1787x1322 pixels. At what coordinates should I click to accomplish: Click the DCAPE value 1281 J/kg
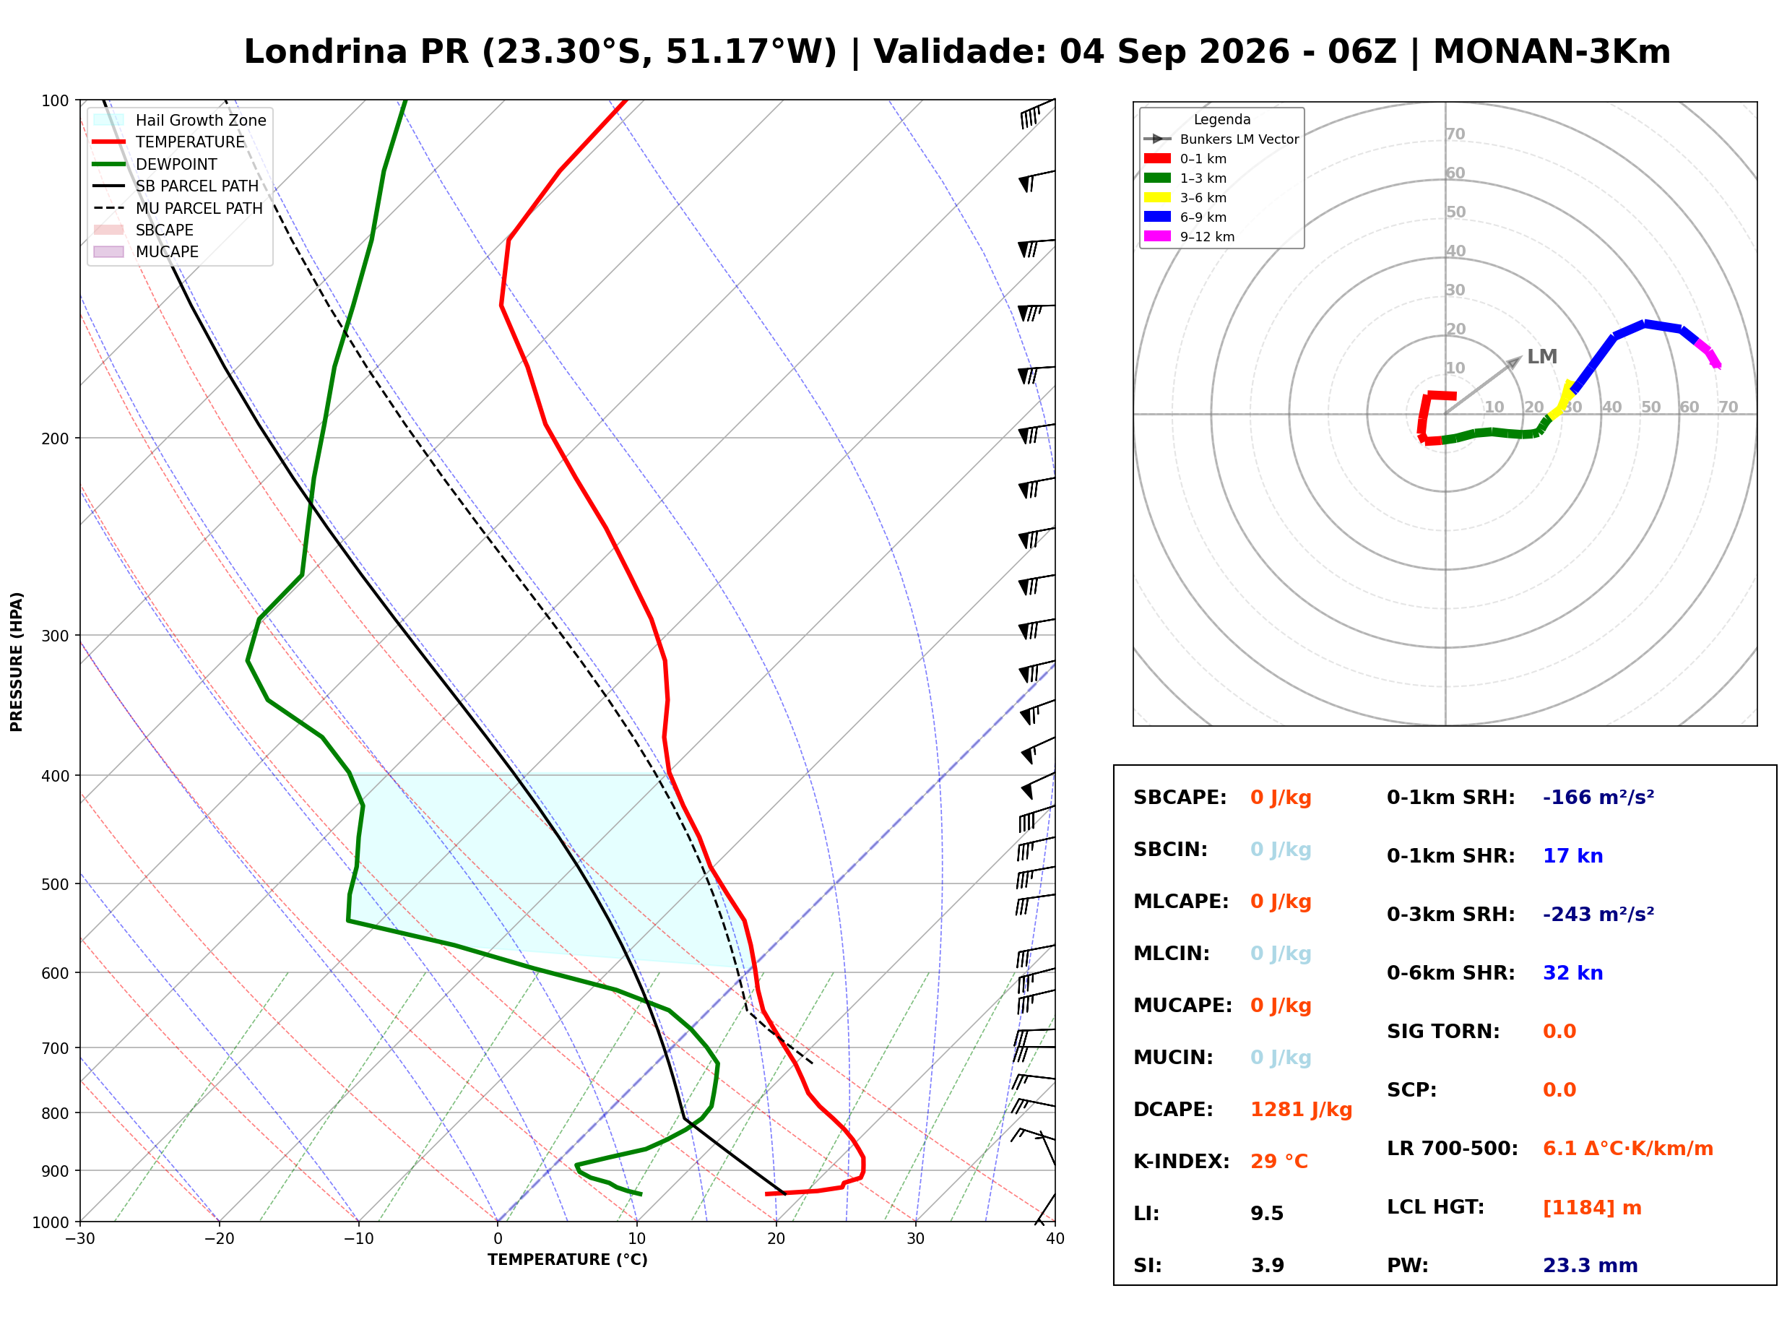(1301, 1110)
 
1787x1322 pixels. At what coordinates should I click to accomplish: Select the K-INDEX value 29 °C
(1278, 1162)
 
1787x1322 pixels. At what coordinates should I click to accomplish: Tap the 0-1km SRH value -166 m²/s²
(1598, 798)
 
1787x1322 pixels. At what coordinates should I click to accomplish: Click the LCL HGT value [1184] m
(1591, 1208)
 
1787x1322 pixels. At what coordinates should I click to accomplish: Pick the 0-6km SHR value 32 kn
(1572, 973)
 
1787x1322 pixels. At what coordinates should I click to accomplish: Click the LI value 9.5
(1266, 1214)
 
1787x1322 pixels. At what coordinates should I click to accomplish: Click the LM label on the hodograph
(1541, 357)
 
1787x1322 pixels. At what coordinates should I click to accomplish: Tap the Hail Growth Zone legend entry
(180, 120)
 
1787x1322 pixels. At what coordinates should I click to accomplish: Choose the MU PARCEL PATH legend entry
(178, 208)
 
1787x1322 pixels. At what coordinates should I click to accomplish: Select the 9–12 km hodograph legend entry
(1190, 237)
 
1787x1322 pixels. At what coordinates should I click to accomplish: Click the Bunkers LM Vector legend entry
(1221, 139)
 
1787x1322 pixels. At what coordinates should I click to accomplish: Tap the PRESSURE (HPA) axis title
(17, 662)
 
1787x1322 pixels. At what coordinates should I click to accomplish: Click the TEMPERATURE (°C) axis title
(568, 1261)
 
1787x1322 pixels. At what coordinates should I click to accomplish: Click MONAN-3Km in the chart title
(1552, 52)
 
